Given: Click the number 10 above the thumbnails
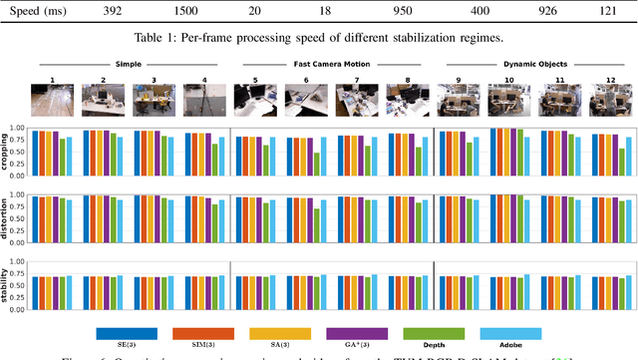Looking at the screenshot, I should click(x=509, y=78).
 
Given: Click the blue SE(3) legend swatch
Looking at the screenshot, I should click(x=126, y=332).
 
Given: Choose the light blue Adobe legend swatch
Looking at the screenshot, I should click(x=508, y=332).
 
